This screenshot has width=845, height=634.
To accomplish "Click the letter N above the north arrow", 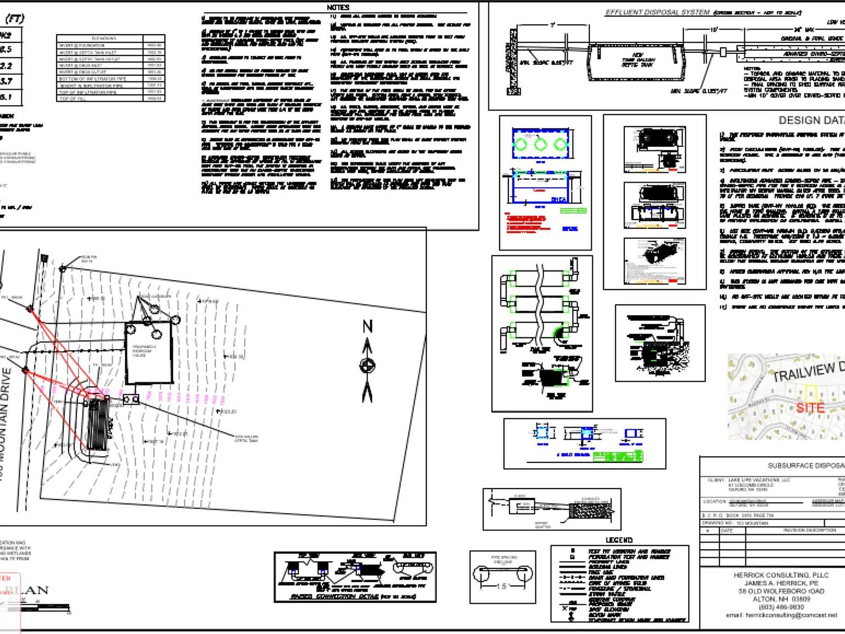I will pos(367,326).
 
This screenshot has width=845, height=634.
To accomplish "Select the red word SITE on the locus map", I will pos(810,408).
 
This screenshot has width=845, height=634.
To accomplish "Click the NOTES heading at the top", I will pos(338,7).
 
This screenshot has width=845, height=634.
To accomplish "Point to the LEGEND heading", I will pos(619,540).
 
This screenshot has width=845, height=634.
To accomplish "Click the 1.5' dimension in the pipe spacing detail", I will pos(502,586).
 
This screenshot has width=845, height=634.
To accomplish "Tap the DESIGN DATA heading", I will pos(811,120).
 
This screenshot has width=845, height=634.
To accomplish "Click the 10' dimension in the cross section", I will pos(714,29).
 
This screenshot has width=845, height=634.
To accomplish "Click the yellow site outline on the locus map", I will pos(811,392).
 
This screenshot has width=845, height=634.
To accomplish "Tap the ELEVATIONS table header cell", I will pos(104,39).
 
